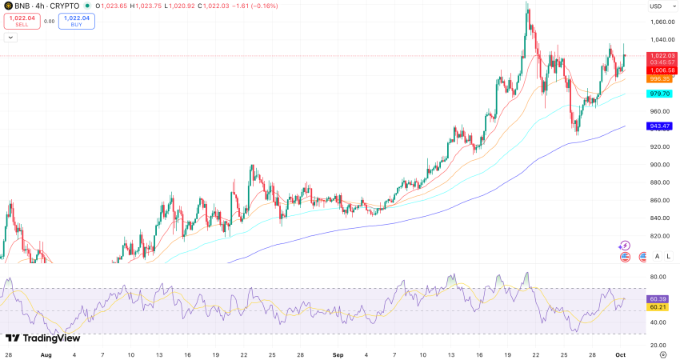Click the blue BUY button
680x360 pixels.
tap(77, 22)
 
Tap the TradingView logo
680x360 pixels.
tap(37, 338)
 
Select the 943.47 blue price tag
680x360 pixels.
tap(660, 126)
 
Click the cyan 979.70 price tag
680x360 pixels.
tap(660, 94)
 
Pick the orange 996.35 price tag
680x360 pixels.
tap(660, 79)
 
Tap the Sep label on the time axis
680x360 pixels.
tap(338, 353)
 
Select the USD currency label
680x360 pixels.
tap(656, 6)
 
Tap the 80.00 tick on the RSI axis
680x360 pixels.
tap(658, 278)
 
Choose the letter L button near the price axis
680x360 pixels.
tap(668, 256)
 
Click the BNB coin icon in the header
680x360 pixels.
tap(8, 6)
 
